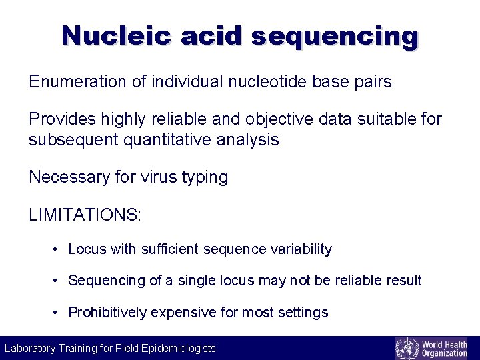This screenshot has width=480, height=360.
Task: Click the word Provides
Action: coord(62,119)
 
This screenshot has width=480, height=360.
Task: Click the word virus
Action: coord(154,177)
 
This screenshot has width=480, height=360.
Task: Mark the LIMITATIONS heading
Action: coord(85,215)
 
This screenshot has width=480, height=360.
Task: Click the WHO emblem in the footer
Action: coord(406,348)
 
